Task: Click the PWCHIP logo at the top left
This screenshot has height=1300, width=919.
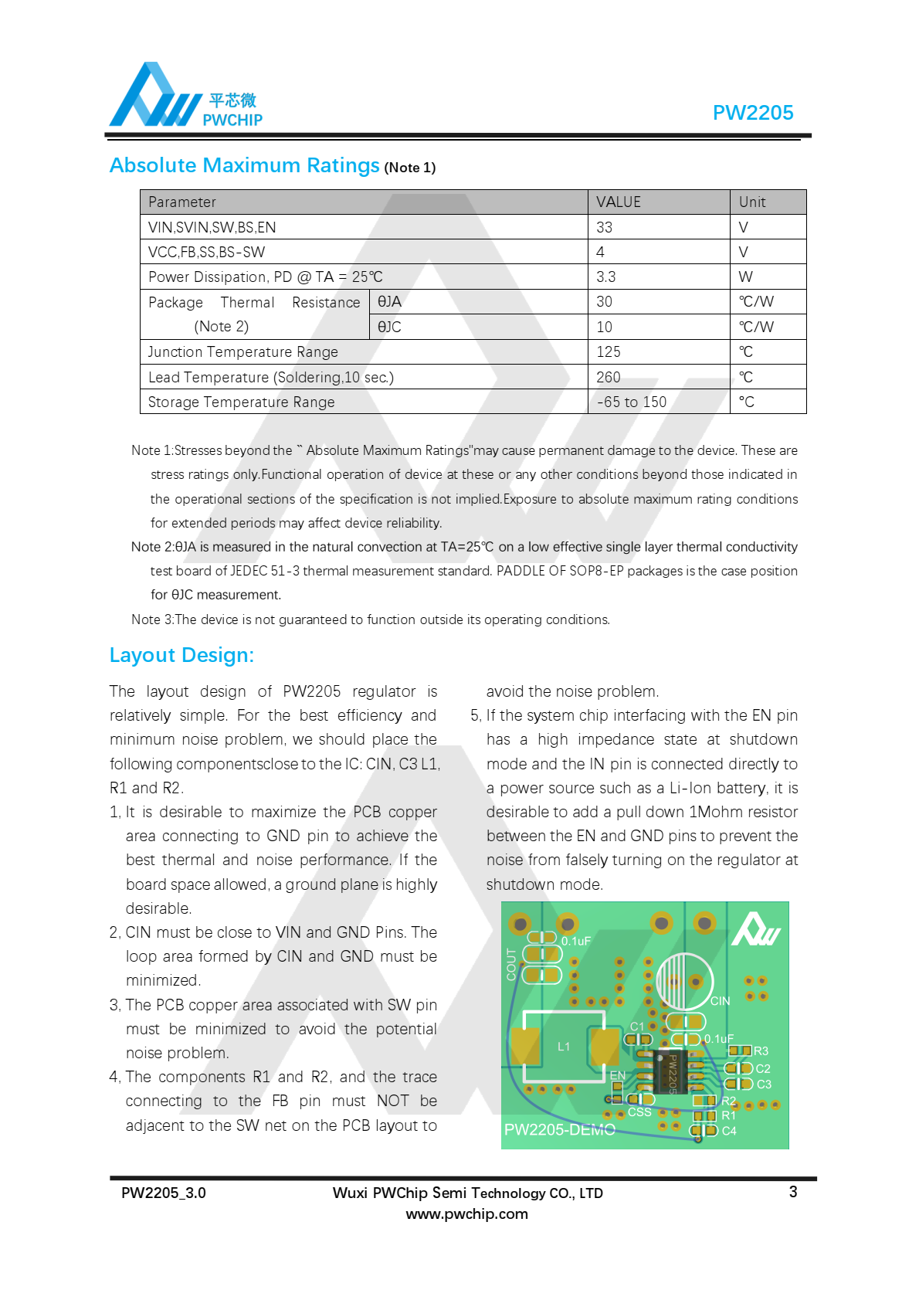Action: coord(185,97)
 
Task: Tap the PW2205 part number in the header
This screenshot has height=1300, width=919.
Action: coord(752,113)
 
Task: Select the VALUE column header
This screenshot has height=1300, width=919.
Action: coord(619,202)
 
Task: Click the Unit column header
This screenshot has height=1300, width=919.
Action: coord(752,202)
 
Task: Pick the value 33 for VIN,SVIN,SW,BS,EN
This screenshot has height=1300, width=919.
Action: coord(604,228)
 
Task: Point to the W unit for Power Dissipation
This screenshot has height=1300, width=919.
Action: coord(745,277)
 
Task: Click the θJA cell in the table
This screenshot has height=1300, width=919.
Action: coord(389,302)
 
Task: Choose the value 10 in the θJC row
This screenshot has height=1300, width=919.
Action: coord(604,328)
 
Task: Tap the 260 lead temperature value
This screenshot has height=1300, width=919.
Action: coord(608,378)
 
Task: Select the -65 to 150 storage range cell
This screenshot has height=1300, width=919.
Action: coord(631,402)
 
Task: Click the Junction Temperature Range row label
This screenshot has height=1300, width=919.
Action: coord(243,352)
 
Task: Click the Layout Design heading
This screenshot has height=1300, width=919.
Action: coord(181,655)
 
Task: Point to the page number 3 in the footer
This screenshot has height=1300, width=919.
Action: coord(792,1192)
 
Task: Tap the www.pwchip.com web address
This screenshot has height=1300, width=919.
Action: coord(466,1213)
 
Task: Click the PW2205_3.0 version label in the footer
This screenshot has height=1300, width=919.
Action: coord(164,1193)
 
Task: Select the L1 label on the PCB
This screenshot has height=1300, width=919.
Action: coord(564,1047)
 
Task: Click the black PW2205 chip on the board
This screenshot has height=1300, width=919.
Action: coord(669,1071)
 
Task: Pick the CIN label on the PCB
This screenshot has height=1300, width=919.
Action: coord(720,1001)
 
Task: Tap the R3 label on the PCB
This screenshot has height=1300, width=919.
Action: coord(761,1051)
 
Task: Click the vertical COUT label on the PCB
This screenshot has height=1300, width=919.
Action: coord(511,964)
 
